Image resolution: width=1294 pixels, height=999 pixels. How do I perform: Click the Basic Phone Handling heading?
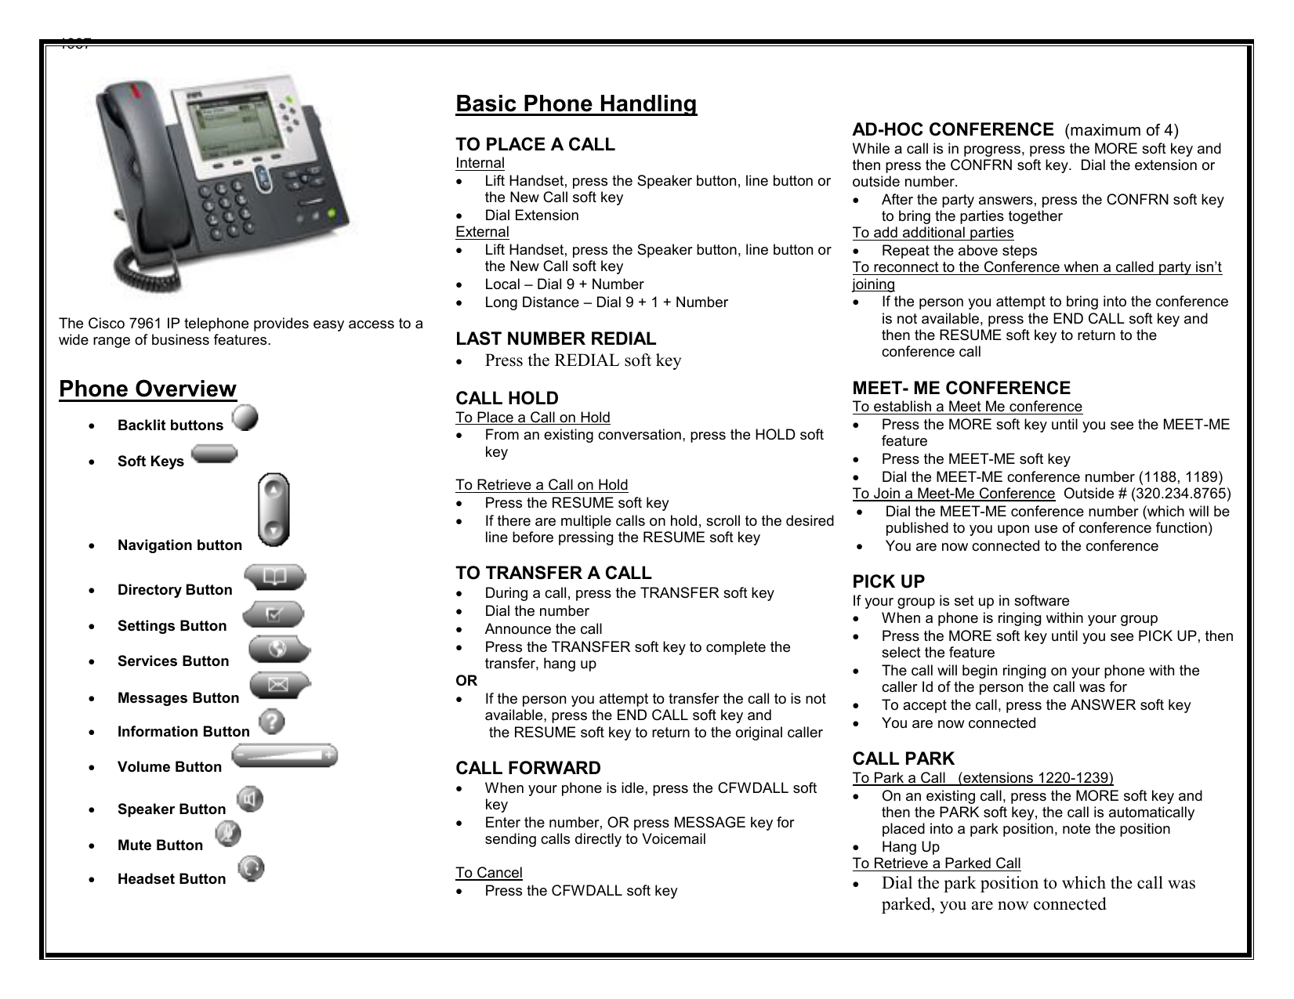[x=576, y=104]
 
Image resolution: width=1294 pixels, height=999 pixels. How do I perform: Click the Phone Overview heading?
[x=147, y=389]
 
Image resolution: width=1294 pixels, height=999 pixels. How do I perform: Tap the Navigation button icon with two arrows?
[x=274, y=509]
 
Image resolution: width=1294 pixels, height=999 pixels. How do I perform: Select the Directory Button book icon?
[x=274, y=578]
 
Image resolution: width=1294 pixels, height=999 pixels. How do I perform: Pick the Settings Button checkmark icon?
[x=274, y=614]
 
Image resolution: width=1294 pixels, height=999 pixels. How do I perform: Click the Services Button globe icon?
[x=279, y=650]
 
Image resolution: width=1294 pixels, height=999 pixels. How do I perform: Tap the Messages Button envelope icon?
[x=280, y=686]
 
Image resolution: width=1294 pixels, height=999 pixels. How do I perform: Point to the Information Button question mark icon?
[x=272, y=721]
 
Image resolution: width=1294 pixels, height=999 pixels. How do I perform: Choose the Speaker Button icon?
[x=250, y=798]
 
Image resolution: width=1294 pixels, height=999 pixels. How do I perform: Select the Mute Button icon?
[x=228, y=834]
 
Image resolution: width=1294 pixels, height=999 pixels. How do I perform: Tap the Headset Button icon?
[x=251, y=868]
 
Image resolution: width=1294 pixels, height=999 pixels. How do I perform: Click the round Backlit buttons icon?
[x=245, y=417]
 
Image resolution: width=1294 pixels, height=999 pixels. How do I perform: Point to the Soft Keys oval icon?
[x=213, y=454]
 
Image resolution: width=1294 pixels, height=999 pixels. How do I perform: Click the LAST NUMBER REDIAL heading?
[x=556, y=339]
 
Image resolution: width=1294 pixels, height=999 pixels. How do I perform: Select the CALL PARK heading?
[x=904, y=759]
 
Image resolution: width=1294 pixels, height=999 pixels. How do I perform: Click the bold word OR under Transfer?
[x=466, y=681]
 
